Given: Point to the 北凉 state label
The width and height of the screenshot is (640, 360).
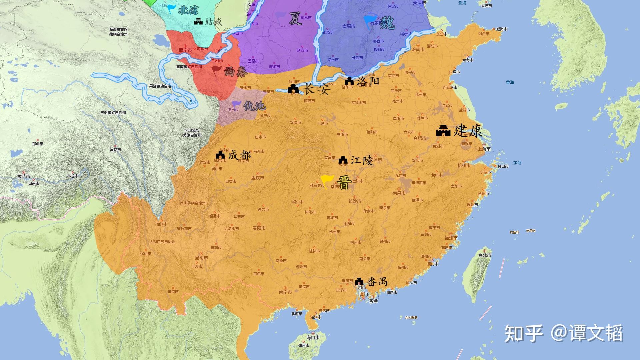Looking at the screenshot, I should point(188,11).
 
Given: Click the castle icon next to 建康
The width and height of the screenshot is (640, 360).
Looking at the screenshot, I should point(443,131).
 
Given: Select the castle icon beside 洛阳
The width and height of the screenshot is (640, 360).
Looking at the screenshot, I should point(349,81).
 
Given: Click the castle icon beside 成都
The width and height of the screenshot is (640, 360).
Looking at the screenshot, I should point(220,155).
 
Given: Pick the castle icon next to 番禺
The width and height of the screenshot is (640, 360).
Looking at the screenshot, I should point(359,281).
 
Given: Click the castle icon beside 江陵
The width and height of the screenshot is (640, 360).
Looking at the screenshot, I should point(343,161).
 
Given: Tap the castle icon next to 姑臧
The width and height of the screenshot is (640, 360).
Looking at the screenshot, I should point(199,22).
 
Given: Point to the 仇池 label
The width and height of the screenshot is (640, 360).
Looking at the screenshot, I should point(255,106).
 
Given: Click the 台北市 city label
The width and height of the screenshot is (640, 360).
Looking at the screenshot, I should point(485,255).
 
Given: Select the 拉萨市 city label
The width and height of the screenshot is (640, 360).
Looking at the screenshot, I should point(24,176).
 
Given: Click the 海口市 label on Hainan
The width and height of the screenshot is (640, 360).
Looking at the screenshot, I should point(313,337).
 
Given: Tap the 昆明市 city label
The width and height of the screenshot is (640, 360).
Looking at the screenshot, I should point(201,258).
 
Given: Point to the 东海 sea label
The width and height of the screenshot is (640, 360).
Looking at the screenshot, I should point(517,163).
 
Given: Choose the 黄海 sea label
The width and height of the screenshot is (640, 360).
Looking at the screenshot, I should point(510,82).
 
